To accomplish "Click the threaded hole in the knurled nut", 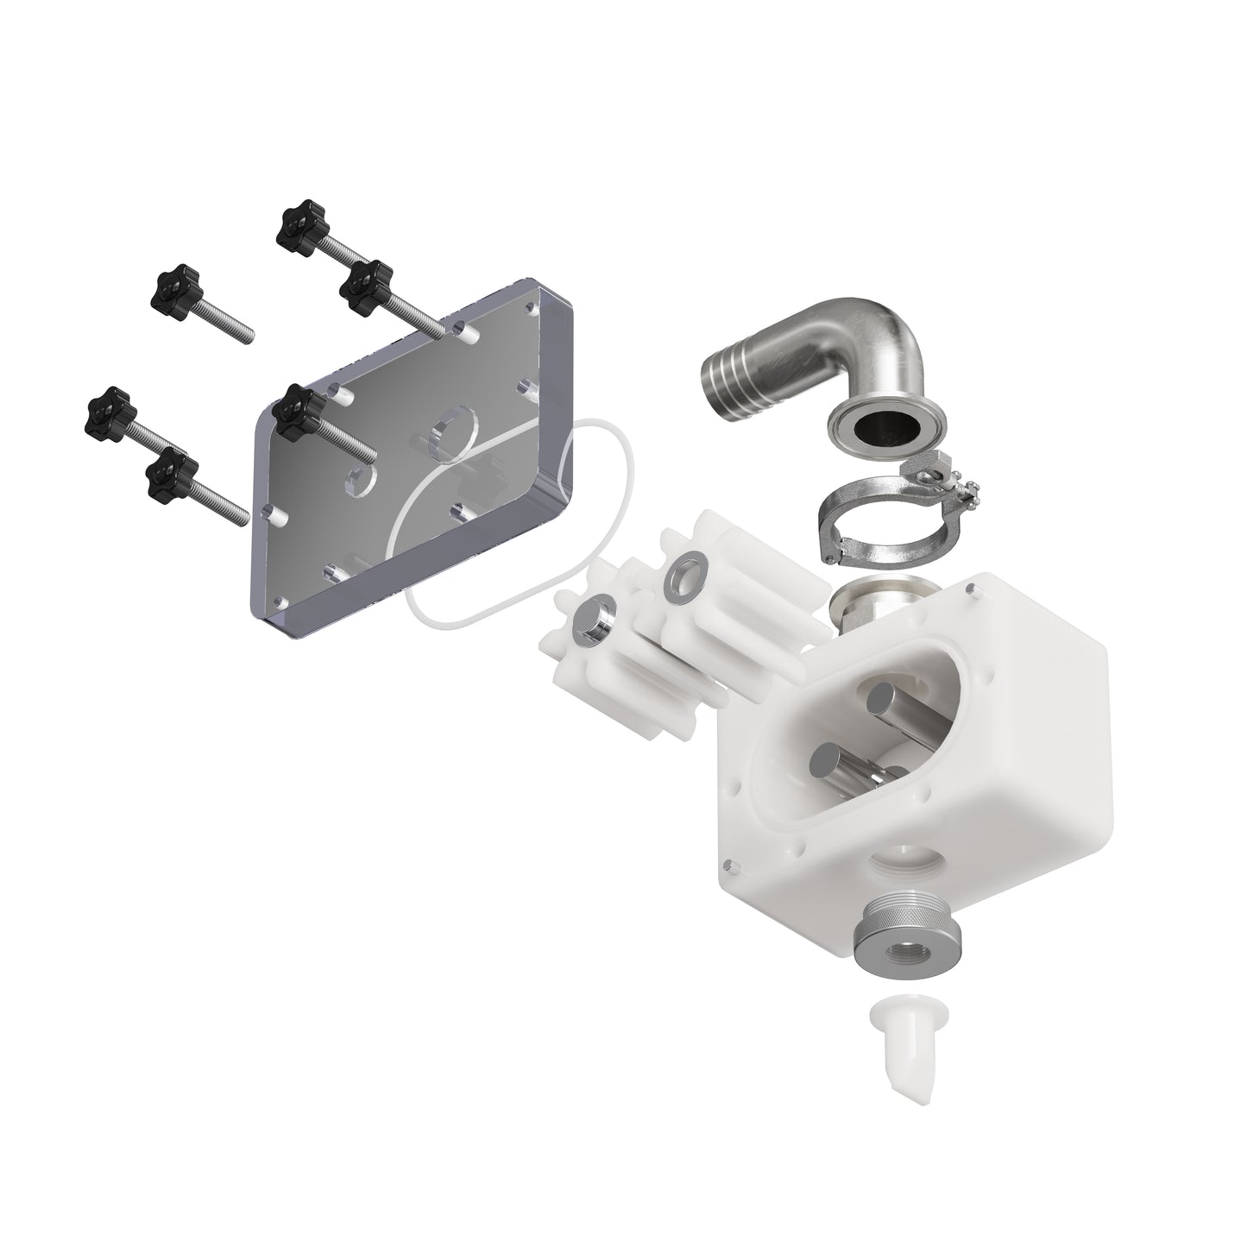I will click(x=897, y=958).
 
